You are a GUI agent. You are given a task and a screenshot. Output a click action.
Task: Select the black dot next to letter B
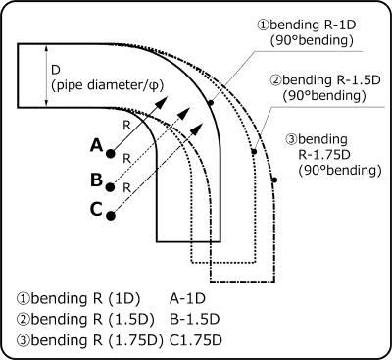[x=111, y=181]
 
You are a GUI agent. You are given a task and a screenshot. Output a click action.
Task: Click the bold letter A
[x=96, y=145]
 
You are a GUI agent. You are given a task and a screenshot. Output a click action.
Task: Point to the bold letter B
[x=96, y=180]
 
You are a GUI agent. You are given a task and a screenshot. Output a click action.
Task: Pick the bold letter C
[x=94, y=208]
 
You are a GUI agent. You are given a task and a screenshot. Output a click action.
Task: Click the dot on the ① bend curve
[x=210, y=103]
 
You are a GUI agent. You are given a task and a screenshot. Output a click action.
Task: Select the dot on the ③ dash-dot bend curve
[x=274, y=179]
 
